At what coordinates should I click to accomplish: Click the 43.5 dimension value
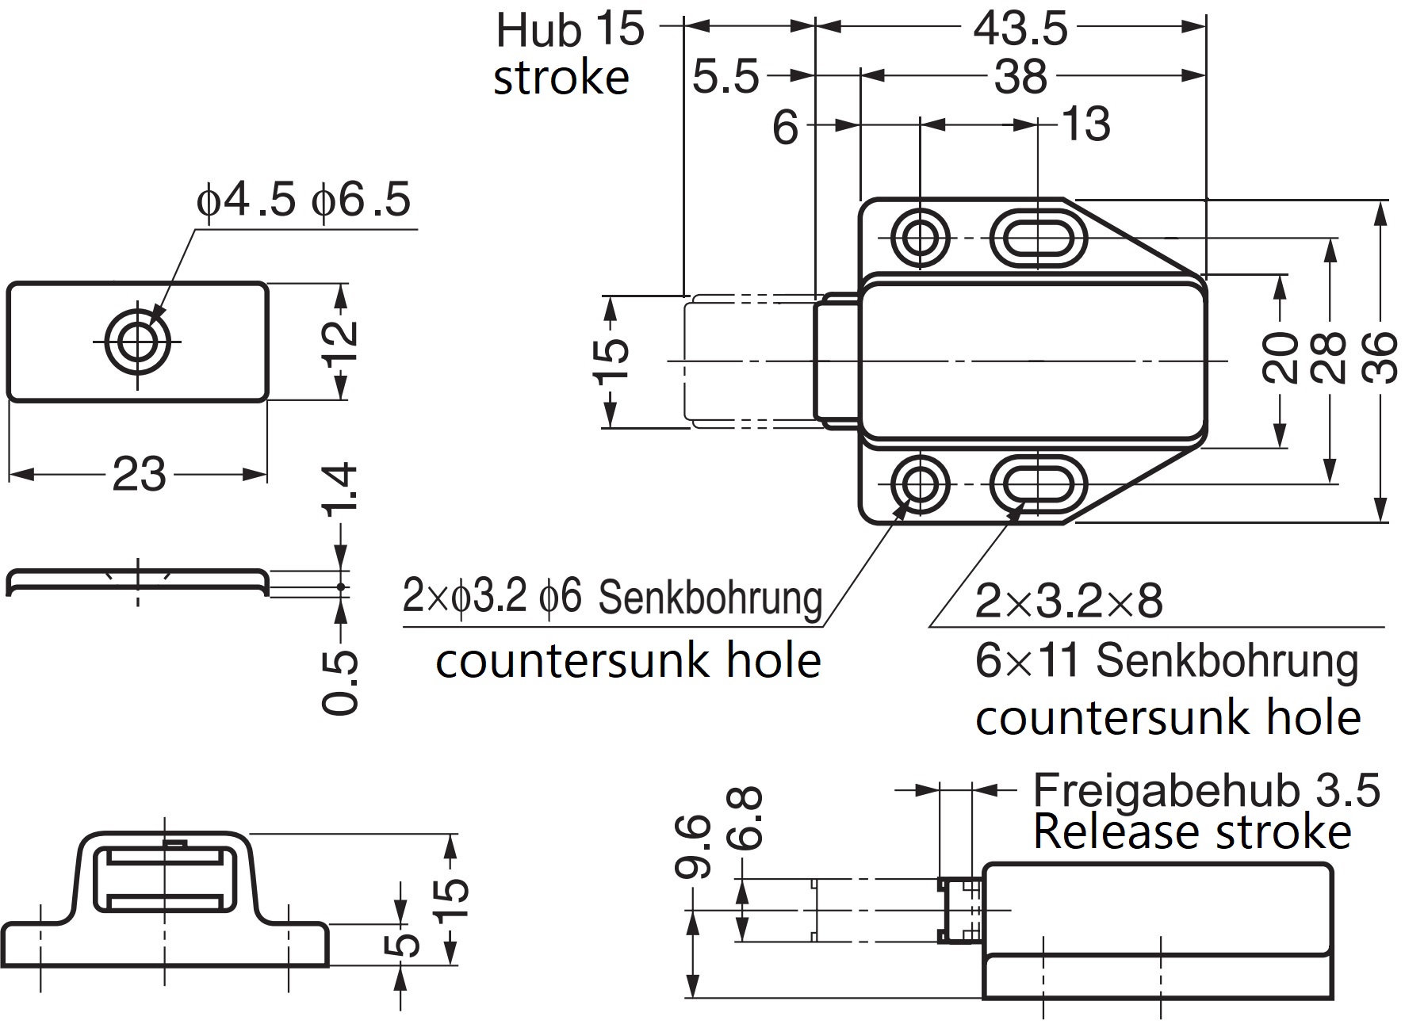pyautogui.click(x=1020, y=30)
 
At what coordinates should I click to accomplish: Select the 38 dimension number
pyautogui.click(x=1020, y=78)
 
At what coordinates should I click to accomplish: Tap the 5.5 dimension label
pyautogui.click(x=725, y=78)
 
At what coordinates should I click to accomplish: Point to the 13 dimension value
pyautogui.click(x=1086, y=125)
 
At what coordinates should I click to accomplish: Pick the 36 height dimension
pyautogui.click(x=1380, y=358)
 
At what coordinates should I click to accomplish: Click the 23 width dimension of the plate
pyautogui.click(x=139, y=475)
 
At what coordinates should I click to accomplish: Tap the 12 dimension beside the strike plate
pyautogui.click(x=342, y=341)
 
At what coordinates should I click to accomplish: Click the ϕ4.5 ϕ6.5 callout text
pyautogui.click(x=304, y=200)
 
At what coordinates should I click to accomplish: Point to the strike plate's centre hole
pyautogui.click(x=138, y=342)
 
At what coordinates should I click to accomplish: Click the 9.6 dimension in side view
pyautogui.click(x=693, y=848)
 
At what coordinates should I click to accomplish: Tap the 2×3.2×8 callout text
pyautogui.click(x=1068, y=601)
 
